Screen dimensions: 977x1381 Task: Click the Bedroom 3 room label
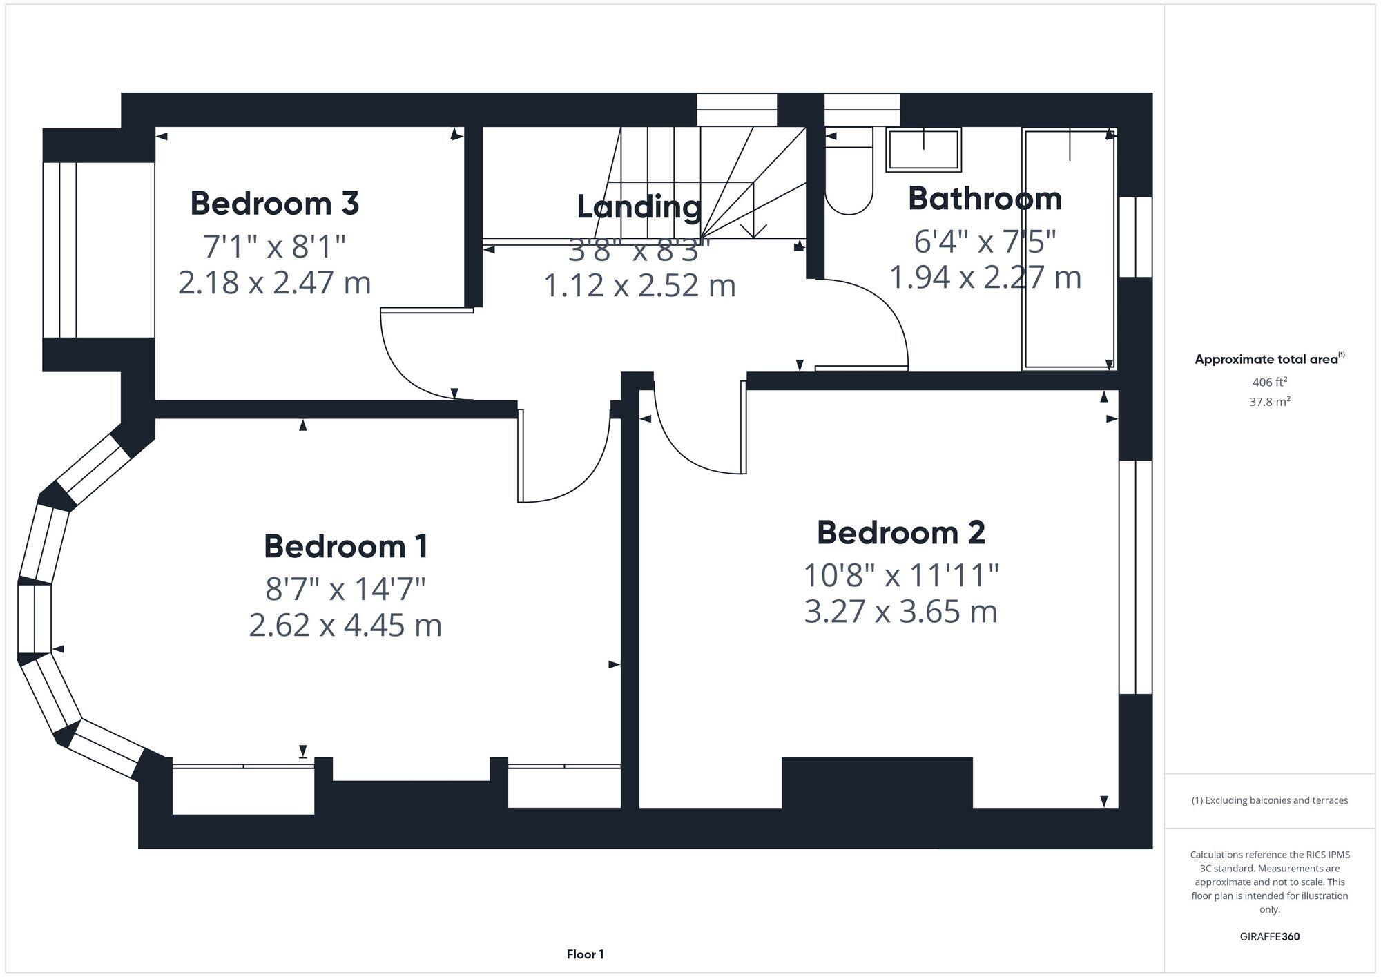274,204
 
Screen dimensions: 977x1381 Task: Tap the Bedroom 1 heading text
345,546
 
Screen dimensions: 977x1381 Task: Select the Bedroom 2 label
900,532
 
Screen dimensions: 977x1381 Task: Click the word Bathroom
985,199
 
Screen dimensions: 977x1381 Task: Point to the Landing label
639,206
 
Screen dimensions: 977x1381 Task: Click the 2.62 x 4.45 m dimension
345,626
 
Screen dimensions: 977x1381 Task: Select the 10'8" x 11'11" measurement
900,575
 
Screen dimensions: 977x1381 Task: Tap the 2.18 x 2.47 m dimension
274,283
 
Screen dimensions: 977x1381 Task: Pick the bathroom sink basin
924,150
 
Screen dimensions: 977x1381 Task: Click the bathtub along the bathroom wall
1069,249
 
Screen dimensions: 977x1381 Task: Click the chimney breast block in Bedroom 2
877,784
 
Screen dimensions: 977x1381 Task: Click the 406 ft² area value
1269,382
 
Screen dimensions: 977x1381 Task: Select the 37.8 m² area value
1269,402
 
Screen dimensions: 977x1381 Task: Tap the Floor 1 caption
585,954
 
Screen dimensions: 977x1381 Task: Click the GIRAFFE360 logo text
1269,937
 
